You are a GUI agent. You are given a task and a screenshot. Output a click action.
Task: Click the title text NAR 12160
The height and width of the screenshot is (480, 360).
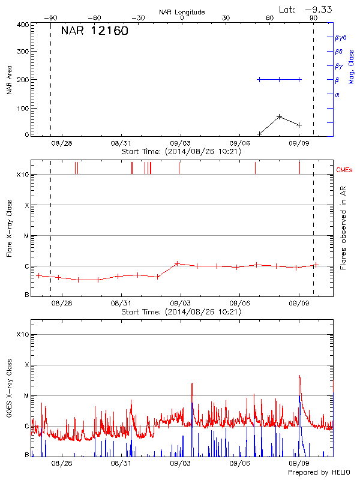tap(94, 32)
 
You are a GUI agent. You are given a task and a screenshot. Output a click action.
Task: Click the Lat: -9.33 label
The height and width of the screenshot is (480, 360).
tap(307, 9)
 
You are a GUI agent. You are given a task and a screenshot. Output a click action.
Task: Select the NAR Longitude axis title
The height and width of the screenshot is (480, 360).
tap(182, 12)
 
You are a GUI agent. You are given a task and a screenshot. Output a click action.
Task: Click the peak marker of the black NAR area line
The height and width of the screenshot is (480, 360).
tap(280, 116)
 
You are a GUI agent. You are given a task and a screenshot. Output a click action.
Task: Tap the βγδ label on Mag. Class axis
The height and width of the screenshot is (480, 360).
tap(341, 37)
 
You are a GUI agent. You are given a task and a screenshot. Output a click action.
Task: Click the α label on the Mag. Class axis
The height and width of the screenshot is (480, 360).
tap(337, 94)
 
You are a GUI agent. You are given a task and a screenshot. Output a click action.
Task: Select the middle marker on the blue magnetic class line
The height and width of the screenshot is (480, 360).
tap(280, 79)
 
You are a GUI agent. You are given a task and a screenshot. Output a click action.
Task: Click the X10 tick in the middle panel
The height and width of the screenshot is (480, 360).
tap(22, 175)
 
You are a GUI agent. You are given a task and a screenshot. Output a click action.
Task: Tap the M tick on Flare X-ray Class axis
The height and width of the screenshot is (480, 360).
tap(26, 236)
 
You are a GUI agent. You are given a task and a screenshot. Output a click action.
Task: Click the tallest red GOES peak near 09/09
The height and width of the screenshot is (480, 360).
tap(299, 376)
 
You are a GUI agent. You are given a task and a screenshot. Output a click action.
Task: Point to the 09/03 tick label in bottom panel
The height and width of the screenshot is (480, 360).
tap(181, 463)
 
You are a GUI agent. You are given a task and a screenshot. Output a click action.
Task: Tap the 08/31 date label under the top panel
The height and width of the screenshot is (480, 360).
tap(121, 143)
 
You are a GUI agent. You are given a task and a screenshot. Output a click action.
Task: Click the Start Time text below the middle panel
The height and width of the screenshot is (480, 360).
tap(181, 311)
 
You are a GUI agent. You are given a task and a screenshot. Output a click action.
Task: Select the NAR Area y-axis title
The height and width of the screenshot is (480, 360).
tap(9, 80)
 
